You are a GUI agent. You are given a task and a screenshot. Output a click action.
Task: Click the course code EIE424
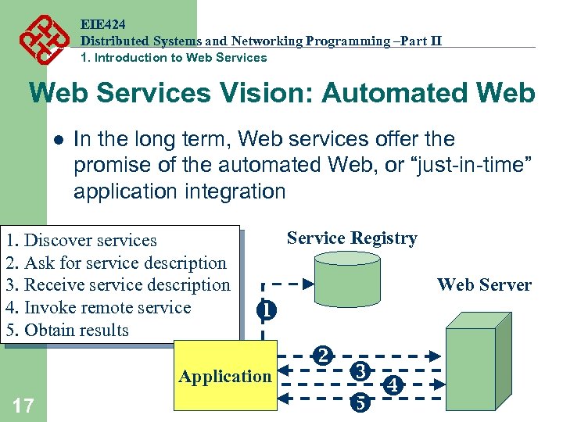pos(103,24)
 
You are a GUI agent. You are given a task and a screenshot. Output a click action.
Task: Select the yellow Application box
pos(225,376)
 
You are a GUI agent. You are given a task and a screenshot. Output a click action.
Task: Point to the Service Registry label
pos(352,238)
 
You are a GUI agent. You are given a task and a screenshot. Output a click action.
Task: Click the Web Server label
pos(484,285)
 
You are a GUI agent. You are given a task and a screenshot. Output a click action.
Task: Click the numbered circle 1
pos(267,310)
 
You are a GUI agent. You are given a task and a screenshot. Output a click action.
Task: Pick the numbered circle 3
pos(360,371)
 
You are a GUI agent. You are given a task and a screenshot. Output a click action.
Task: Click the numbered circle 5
pos(360,403)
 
